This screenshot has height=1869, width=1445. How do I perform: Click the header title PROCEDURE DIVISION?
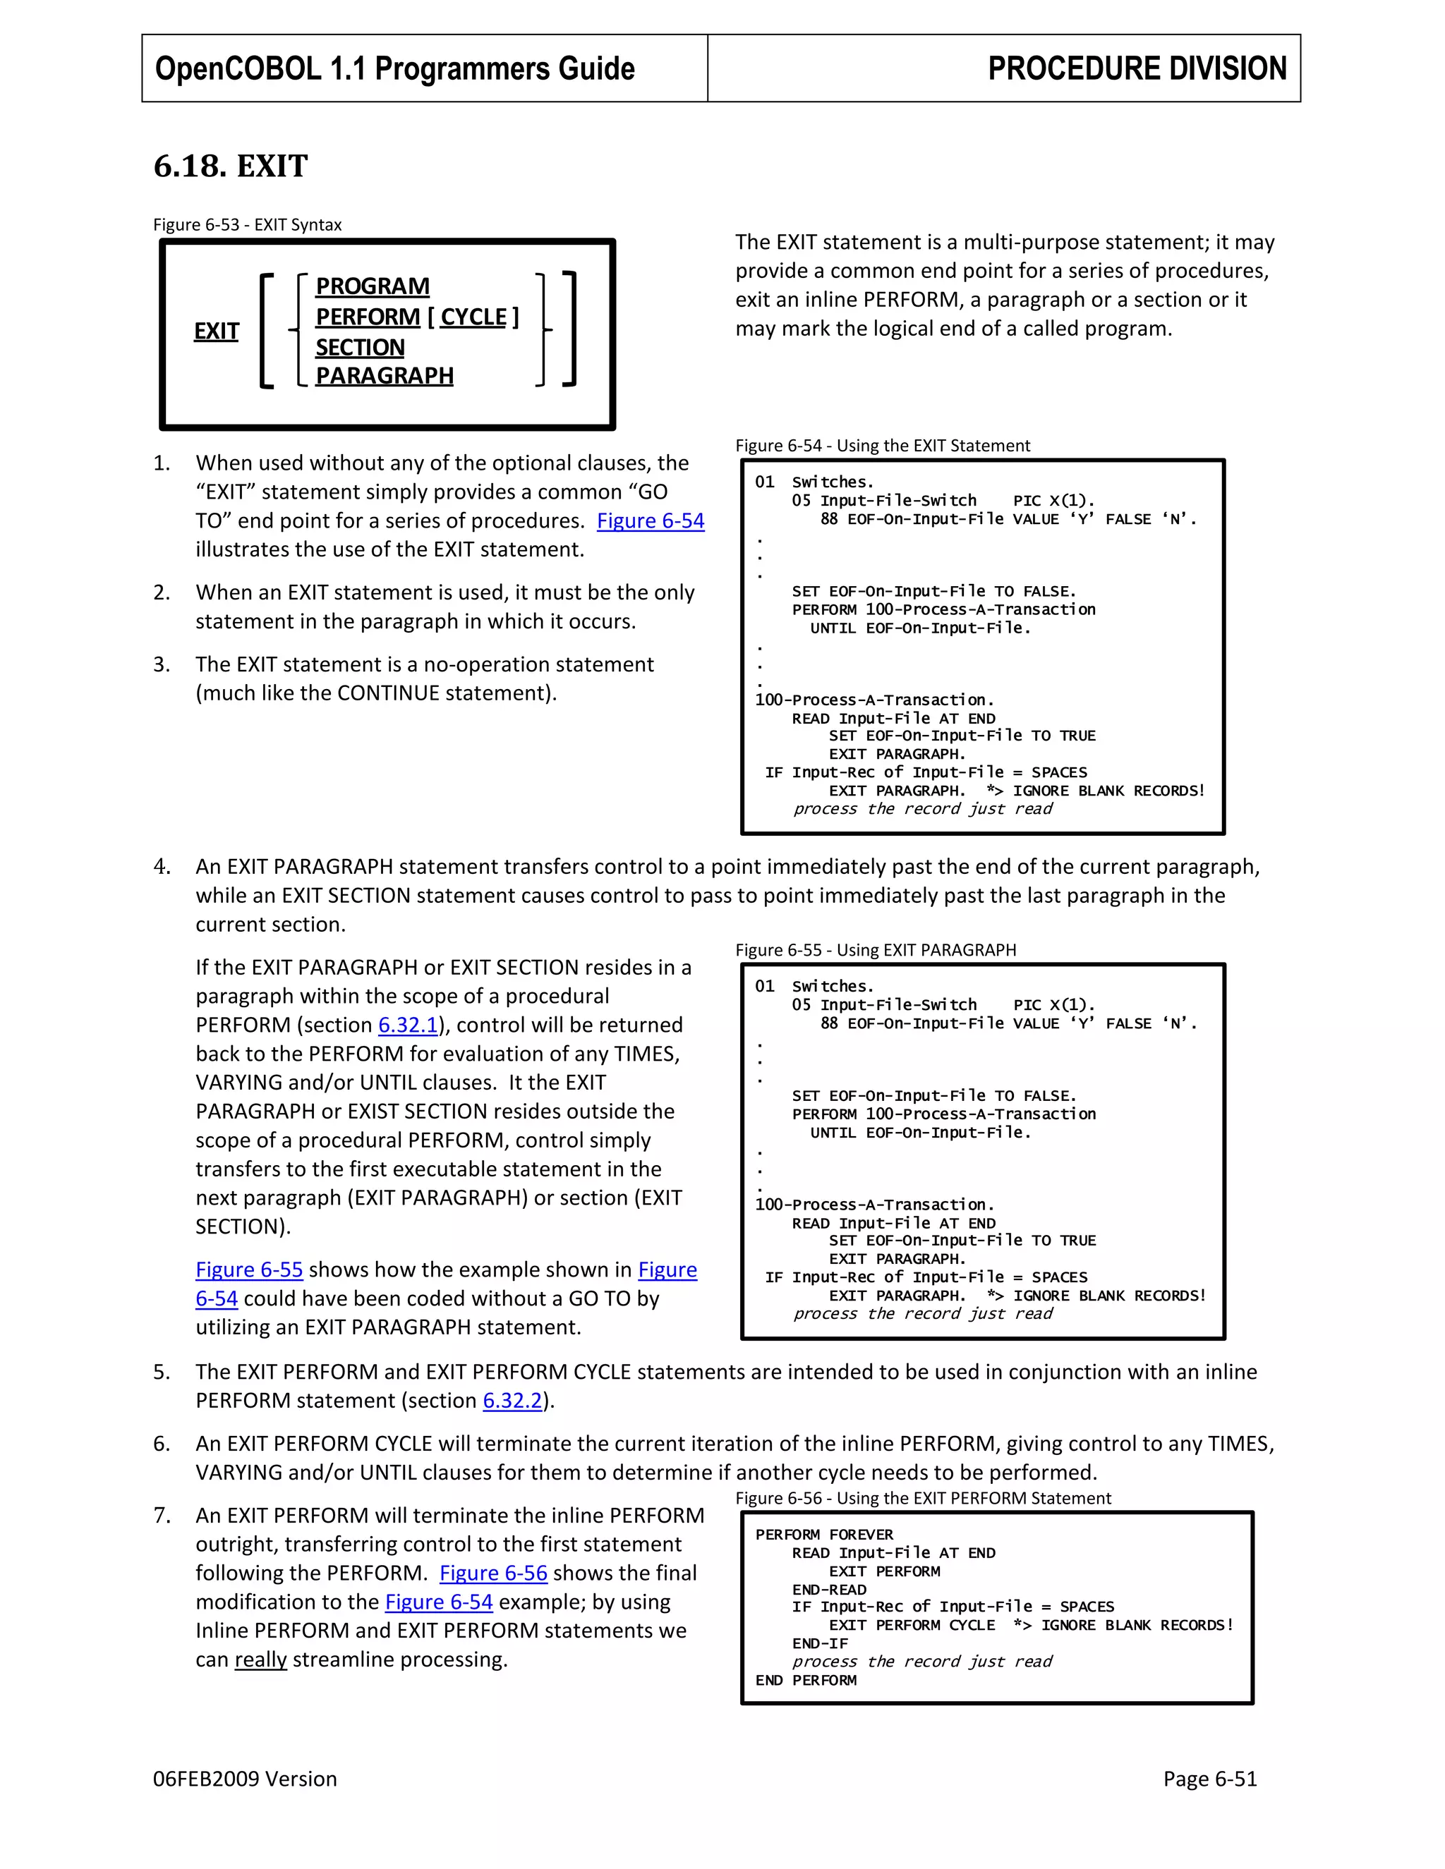(x=1136, y=68)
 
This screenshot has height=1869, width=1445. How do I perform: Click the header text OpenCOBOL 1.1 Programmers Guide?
(x=394, y=68)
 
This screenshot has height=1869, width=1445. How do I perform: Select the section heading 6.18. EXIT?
(x=230, y=166)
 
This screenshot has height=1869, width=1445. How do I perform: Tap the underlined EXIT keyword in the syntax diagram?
(x=217, y=331)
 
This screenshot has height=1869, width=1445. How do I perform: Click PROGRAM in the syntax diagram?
(x=373, y=286)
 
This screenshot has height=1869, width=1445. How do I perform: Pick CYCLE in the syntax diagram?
(x=473, y=317)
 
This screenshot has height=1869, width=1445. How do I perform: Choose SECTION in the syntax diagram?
(x=360, y=348)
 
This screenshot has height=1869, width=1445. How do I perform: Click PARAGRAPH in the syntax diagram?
(x=385, y=376)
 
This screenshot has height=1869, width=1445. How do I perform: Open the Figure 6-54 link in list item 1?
(x=650, y=521)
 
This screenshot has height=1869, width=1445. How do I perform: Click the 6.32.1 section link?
(x=408, y=1025)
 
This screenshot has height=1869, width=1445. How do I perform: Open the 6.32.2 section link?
(x=512, y=1401)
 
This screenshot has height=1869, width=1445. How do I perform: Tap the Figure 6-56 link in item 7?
(x=493, y=1573)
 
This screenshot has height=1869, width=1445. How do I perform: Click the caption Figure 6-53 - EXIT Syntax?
(x=248, y=225)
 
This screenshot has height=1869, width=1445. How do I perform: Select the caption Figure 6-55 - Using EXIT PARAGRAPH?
(x=875, y=951)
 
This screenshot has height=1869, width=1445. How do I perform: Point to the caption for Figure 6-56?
(x=922, y=1499)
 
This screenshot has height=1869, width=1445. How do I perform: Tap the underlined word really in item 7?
(x=260, y=1660)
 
